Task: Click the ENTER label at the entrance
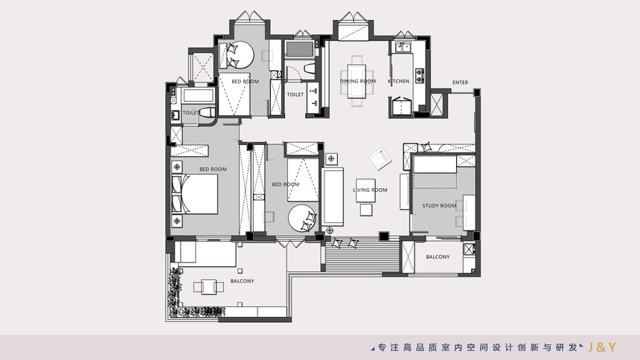(460, 83)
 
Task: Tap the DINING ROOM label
(358, 81)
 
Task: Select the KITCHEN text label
(398, 81)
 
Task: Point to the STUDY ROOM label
(439, 206)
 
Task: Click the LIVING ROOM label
(370, 190)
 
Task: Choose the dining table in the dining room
(357, 81)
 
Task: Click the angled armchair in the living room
(380, 158)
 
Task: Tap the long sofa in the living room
(333, 196)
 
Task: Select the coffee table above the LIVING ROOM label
(365, 190)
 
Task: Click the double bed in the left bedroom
(195, 194)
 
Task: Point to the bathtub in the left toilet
(199, 96)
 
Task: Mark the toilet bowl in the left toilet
(208, 113)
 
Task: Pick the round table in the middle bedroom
(302, 219)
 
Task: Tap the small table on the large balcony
(208, 287)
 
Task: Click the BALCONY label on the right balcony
(438, 257)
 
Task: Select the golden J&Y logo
(601, 347)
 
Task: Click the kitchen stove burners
(420, 74)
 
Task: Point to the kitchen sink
(402, 48)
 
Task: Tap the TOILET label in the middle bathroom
(295, 94)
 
